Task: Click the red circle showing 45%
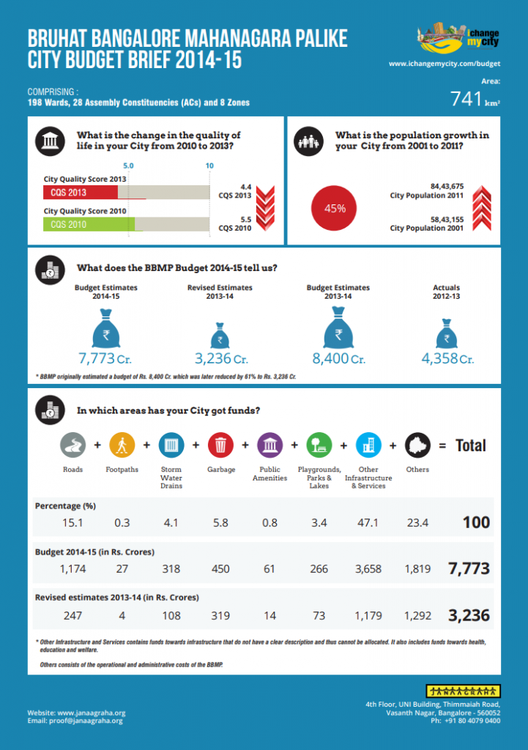pyautogui.click(x=335, y=208)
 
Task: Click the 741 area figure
pyautogui.click(x=466, y=100)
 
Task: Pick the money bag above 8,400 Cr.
pyautogui.click(x=338, y=327)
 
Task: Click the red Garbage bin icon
pyautogui.click(x=220, y=445)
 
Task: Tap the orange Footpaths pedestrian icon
pyautogui.click(x=122, y=445)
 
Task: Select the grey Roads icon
pyautogui.click(x=72, y=445)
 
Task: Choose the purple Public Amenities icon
pyautogui.click(x=269, y=445)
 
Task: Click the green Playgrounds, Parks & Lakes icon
pyautogui.click(x=319, y=445)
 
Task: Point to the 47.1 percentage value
pyautogui.click(x=368, y=523)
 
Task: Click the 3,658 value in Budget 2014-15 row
pyautogui.click(x=368, y=569)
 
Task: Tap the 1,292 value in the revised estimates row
pyautogui.click(x=417, y=616)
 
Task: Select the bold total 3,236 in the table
pyautogui.click(x=469, y=615)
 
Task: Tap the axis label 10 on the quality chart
pyautogui.click(x=209, y=166)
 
